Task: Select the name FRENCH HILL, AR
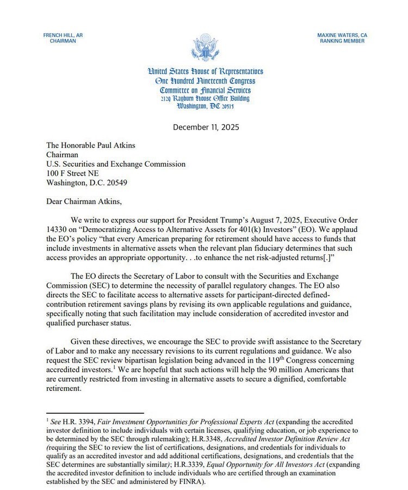[x=63, y=35]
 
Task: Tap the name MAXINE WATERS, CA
[x=342, y=35]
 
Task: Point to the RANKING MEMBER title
[x=342, y=41]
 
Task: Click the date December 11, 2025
[x=206, y=127]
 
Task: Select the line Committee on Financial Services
[x=205, y=90]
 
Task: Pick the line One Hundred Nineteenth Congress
[x=205, y=81]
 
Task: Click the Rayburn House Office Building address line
[x=205, y=99]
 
